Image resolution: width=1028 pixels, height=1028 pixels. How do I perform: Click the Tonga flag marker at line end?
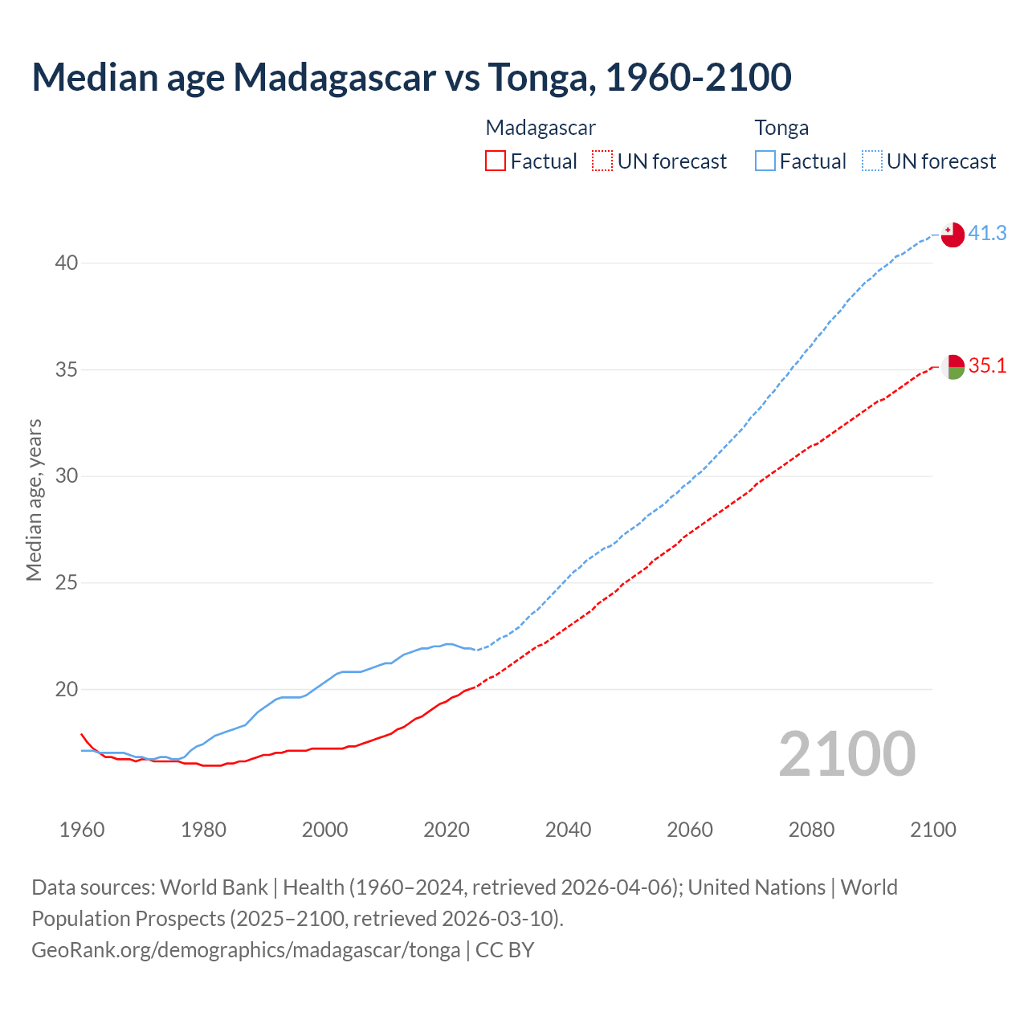click(953, 235)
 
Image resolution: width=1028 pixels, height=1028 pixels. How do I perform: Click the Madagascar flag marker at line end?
click(953, 367)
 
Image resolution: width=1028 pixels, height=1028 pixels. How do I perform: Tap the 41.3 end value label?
click(987, 233)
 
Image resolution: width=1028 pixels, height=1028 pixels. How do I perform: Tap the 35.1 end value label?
click(987, 366)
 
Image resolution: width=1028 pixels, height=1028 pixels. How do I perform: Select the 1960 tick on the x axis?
click(82, 830)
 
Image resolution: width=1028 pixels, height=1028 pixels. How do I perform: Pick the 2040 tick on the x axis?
click(568, 830)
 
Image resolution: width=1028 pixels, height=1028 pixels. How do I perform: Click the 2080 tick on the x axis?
click(811, 830)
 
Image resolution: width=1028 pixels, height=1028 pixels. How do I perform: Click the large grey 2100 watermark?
click(847, 753)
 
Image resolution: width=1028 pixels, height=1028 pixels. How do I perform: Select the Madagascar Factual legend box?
click(496, 161)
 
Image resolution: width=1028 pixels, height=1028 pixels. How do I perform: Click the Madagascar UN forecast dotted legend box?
click(602, 161)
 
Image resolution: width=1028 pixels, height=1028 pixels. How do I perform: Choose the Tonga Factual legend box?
click(765, 161)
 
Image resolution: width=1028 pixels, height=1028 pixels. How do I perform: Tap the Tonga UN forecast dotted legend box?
click(872, 161)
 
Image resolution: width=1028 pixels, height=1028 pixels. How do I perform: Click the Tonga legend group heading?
click(781, 128)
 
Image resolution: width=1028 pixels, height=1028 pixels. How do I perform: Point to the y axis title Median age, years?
click(34, 500)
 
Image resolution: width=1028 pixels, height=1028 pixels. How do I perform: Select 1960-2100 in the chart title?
click(698, 77)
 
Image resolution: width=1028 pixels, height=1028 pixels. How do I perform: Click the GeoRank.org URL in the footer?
click(246, 950)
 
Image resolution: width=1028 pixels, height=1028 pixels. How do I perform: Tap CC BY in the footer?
click(504, 950)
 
